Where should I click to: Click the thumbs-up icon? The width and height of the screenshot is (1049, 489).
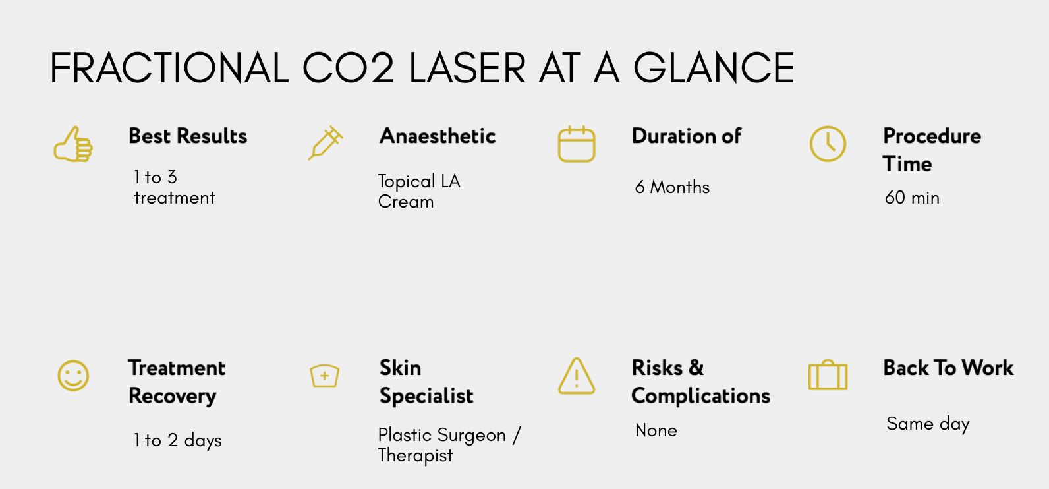click(74, 144)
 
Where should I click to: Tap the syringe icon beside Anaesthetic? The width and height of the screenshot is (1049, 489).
click(325, 143)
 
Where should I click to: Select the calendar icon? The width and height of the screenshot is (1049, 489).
click(577, 144)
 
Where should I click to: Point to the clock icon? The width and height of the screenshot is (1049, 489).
click(828, 144)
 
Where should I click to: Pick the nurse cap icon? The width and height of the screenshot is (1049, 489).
click(325, 376)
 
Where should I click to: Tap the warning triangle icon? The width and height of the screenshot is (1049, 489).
click(577, 376)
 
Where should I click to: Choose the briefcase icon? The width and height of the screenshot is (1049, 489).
click(828, 375)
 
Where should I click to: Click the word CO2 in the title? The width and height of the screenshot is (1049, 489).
click(348, 69)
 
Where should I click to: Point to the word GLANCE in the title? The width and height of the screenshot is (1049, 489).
click(714, 69)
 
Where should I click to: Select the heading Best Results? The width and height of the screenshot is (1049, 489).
click(188, 136)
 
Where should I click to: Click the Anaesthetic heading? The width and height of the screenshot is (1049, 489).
click(438, 136)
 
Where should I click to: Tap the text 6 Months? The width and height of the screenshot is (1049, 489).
click(672, 187)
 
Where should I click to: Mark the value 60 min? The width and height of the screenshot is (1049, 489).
click(912, 198)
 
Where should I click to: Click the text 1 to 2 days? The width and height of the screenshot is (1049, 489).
click(177, 440)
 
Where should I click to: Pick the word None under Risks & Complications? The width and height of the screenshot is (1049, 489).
click(656, 430)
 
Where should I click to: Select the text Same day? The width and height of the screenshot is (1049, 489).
click(928, 424)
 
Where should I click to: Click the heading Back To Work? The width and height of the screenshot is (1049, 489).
click(948, 368)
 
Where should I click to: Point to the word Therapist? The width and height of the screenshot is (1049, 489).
click(415, 456)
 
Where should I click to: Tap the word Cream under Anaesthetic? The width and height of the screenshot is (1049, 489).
click(406, 202)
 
